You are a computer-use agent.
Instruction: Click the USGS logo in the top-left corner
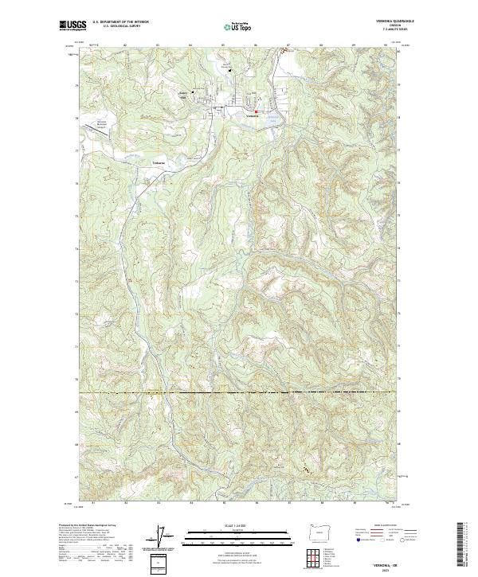coord(72,26)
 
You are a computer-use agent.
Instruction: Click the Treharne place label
coord(158,163)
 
